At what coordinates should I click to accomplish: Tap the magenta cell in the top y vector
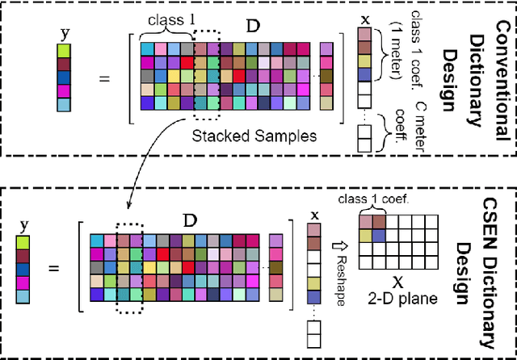[64, 90]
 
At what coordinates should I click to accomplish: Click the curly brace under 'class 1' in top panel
[166, 31]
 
